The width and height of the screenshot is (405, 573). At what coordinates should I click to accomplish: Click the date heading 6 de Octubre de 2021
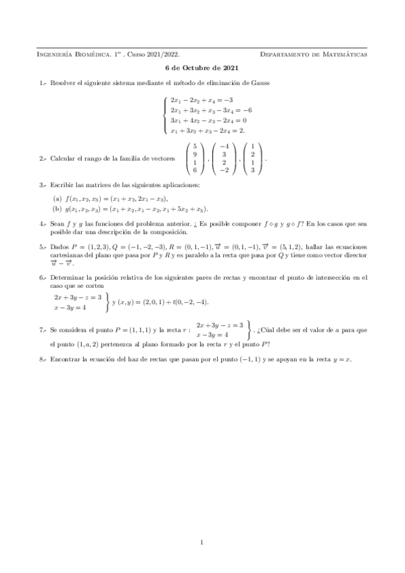click(x=202, y=68)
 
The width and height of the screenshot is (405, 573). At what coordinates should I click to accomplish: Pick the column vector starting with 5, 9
click(x=195, y=158)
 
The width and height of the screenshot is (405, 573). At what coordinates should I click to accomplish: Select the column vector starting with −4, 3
click(x=224, y=158)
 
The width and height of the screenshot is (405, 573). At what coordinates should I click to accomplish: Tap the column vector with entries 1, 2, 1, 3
click(x=252, y=158)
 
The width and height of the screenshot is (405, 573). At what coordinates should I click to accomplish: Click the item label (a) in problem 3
click(x=57, y=199)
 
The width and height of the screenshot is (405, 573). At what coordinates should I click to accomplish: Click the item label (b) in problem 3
click(x=57, y=209)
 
